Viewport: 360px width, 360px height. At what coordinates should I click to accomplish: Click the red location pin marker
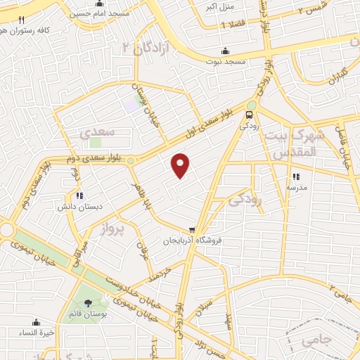pyautogui.click(x=181, y=165)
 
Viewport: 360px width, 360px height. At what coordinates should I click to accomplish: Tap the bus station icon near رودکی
pyautogui.click(x=249, y=115)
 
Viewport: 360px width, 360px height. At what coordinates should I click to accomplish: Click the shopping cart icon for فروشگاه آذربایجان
pyautogui.click(x=191, y=229)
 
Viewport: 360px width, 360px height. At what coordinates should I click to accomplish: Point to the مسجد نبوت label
pyautogui.click(x=226, y=62)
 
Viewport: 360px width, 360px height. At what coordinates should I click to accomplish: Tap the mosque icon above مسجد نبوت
pyautogui.click(x=225, y=51)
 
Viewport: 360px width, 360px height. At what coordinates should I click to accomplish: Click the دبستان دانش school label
pyautogui.click(x=79, y=207)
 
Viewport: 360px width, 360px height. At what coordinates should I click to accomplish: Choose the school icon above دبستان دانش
pyautogui.click(x=79, y=196)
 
